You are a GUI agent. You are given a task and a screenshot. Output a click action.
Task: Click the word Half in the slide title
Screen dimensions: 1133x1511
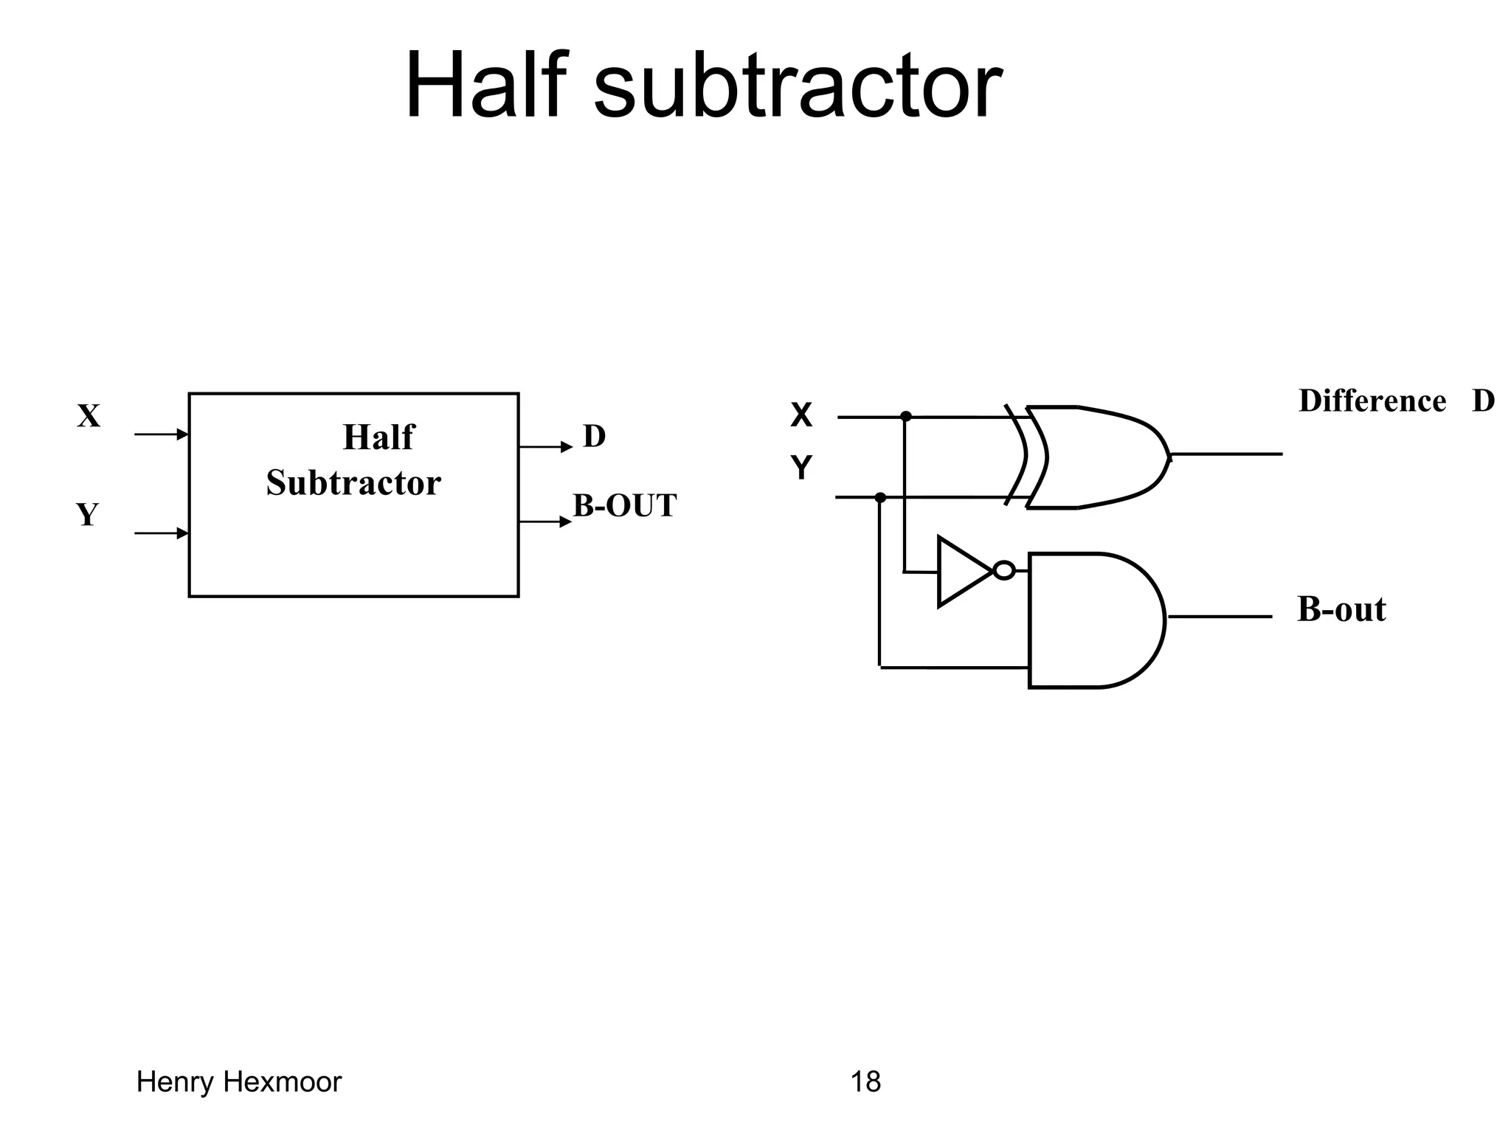486,85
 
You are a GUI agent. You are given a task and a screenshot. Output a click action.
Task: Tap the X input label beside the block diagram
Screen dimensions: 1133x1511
89,416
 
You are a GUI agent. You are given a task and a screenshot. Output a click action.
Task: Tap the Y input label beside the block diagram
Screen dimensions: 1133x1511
87,515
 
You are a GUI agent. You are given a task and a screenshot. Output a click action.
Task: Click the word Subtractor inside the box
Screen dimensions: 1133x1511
353,483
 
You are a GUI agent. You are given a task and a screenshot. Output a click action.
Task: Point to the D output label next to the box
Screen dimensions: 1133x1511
594,436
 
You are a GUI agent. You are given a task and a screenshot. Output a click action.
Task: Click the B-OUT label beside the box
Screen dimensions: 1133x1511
624,506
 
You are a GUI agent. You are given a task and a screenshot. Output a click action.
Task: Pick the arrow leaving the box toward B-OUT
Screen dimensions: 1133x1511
545,522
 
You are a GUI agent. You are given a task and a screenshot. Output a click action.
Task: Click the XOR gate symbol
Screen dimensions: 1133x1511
1092,457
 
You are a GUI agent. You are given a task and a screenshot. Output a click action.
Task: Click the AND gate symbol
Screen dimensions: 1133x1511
1092,620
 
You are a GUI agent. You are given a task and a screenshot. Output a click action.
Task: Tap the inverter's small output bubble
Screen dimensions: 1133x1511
1003,570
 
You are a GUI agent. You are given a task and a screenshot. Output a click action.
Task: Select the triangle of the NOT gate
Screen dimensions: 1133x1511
959,572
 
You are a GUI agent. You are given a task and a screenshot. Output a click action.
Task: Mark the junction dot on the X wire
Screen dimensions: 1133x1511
906,417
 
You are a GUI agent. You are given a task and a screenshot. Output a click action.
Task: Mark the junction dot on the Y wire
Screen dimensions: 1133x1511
879,498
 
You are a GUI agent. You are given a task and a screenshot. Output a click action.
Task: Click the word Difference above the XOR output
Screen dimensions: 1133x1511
1372,401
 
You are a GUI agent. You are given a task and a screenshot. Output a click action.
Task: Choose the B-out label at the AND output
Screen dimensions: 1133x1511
1341,610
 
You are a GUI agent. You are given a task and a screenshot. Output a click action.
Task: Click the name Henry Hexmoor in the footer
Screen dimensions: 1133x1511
239,1082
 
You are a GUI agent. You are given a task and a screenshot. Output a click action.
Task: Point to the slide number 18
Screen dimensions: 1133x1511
865,1082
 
